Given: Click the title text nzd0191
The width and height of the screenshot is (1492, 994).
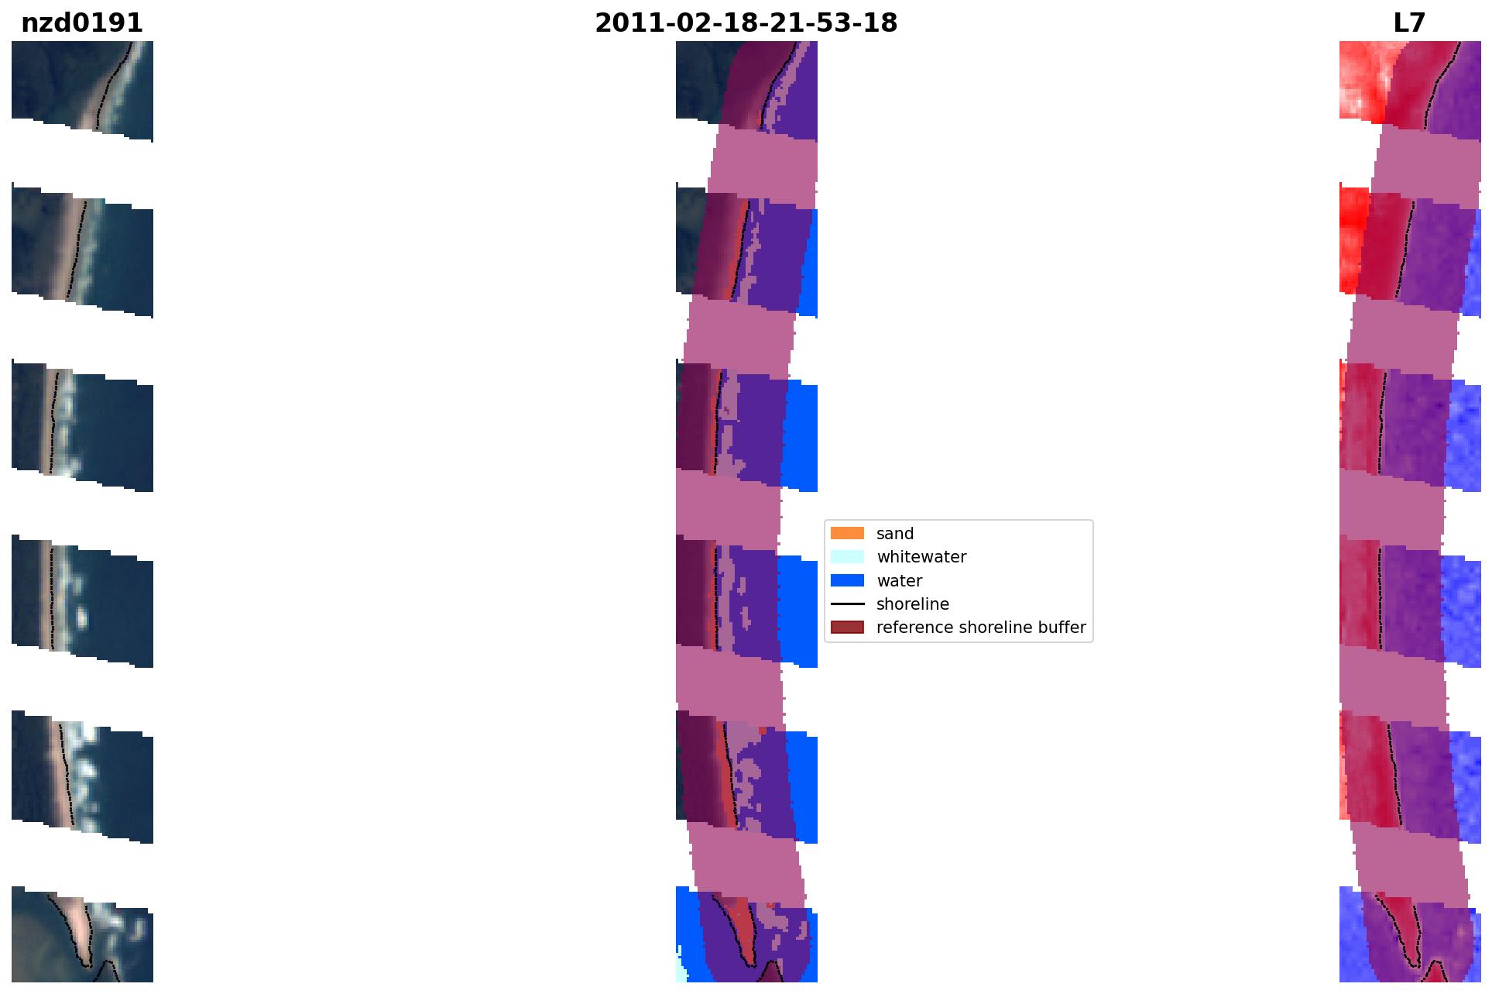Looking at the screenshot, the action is click(82, 23).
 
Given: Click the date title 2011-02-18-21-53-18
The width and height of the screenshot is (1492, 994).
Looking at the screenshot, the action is click(746, 23).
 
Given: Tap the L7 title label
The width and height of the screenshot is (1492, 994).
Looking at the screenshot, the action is click(1409, 23).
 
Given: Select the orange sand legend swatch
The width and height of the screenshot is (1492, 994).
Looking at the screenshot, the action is click(847, 533).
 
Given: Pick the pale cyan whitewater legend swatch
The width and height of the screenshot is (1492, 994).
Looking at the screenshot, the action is click(847, 556).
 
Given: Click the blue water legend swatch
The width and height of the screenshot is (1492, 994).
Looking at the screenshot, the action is click(847, 580).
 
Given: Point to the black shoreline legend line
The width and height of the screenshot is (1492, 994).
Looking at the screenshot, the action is click(847, 604).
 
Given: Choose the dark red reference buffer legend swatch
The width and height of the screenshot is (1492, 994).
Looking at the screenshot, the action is click(847, 627).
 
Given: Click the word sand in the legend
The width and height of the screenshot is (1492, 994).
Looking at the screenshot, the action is click(895, 534).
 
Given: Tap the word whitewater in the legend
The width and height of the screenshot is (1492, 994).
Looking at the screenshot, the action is click(921, 557).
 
